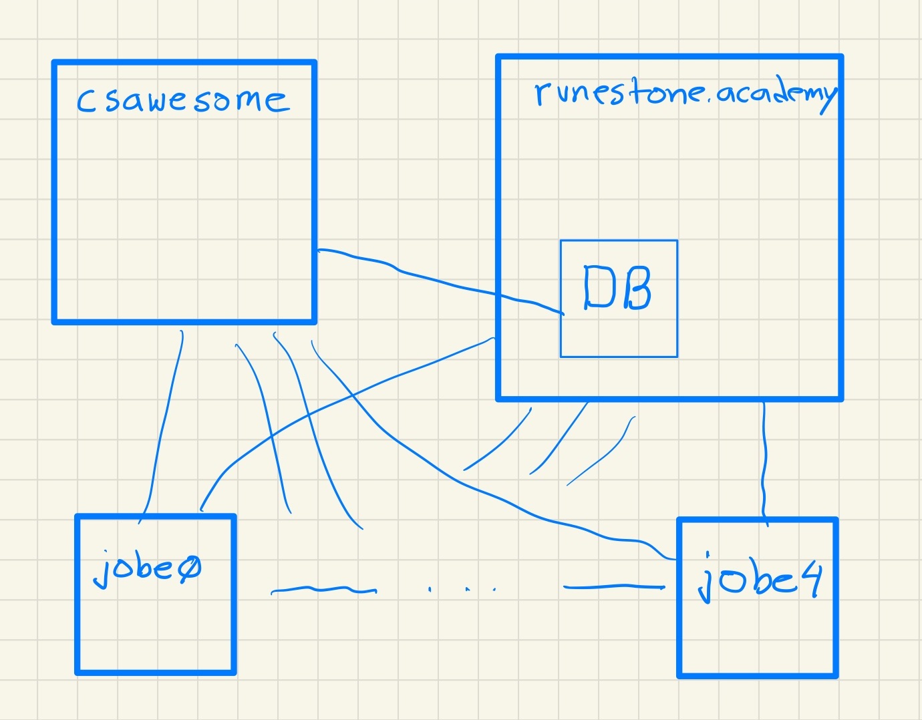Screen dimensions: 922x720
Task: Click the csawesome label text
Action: point(183,102)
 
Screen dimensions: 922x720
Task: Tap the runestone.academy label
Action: point(686,96)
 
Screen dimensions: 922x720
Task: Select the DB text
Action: point(617,288)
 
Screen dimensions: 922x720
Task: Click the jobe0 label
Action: point(147,569)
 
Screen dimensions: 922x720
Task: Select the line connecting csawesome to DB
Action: point(441,282)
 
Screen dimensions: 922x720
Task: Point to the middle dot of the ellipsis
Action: point(468,588)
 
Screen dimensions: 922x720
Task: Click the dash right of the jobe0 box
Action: point(324,590)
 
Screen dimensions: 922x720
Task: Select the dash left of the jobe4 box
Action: point(614,587)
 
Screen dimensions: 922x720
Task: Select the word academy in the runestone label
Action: point(776,96)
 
